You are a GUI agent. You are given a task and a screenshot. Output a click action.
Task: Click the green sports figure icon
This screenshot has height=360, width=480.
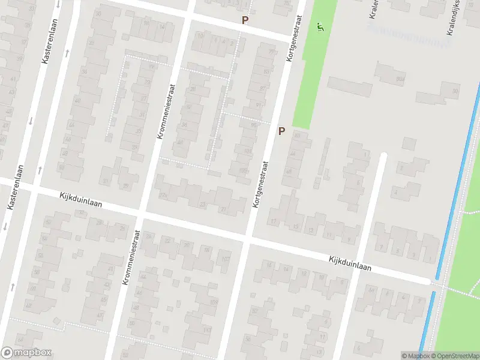(x=320, y=27)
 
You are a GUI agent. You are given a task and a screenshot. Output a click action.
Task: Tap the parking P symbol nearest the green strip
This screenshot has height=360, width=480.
(x=281, y=131)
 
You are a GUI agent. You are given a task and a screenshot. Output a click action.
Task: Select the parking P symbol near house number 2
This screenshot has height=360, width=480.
(x=244, y=20)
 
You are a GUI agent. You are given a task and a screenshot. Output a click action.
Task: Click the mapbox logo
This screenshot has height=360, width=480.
(x=26, y=353)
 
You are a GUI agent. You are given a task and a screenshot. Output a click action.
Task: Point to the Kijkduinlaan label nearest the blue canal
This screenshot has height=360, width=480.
(x=350, y=265)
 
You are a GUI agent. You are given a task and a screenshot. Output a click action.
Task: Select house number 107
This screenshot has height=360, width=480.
(x=225, y=259)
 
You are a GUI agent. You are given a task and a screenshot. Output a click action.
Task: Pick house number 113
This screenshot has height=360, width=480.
(x=207, y=331)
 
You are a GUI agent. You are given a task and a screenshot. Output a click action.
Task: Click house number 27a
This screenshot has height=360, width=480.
(x=162, y=195)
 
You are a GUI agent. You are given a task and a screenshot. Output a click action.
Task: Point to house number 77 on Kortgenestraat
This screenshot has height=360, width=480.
(x=271, y=53)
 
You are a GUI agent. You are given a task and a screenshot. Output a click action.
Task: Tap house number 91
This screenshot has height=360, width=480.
(x=259, y=104)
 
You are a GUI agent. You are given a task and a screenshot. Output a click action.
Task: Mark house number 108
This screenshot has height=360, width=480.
(x=214, y=302)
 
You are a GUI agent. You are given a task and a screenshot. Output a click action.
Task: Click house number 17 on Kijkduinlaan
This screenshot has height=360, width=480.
(x=274, y=222)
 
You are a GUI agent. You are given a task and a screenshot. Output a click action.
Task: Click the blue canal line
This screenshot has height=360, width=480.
(x=456, y=180)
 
